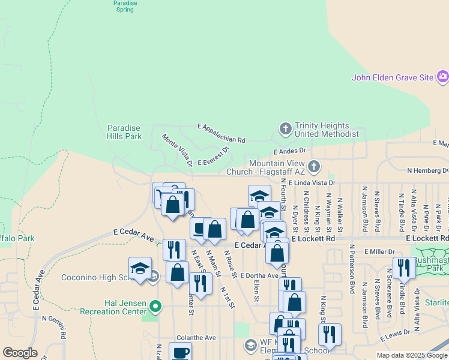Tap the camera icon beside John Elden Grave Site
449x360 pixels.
pos(443,76)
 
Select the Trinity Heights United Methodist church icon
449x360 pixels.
pos(286,128)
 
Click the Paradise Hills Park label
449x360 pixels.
pos(124,132)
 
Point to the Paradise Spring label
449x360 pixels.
pos(125,6)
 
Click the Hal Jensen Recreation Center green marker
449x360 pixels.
pos(156,307)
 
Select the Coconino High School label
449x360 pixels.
pos(96,277)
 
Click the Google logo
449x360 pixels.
pos(20,352)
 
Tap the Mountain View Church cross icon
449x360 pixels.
pos(315,166)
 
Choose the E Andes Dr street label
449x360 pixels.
pos(289,151)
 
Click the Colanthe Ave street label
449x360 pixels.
pos(196,338)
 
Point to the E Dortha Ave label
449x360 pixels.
pos(259,275)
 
